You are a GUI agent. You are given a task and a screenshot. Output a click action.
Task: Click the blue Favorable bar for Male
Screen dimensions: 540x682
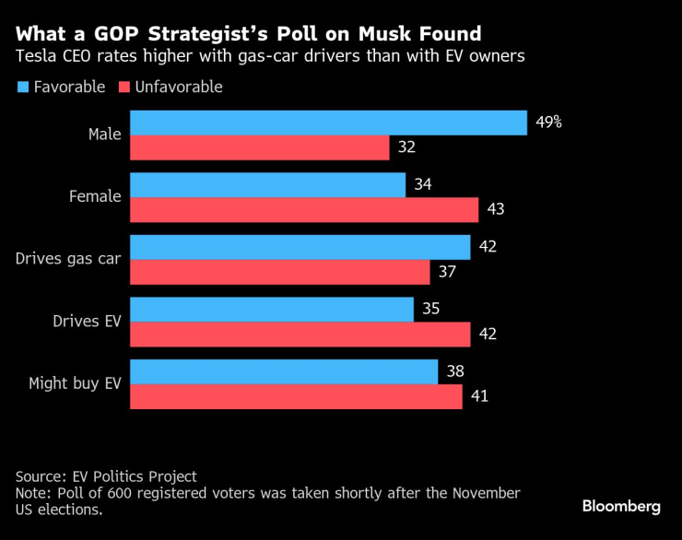[328, 123]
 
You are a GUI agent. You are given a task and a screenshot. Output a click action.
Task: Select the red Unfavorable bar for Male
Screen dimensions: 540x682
[259, 147]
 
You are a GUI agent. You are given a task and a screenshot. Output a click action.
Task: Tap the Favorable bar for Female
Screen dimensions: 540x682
[267, 185]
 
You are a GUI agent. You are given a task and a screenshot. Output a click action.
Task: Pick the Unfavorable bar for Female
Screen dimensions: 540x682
[304, 209]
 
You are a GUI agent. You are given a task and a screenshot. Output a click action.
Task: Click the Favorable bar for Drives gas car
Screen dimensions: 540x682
[300, 247]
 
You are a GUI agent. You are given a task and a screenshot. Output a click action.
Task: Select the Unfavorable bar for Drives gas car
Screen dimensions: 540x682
[279, 272]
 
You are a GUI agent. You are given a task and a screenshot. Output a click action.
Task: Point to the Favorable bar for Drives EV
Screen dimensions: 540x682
[271, 310]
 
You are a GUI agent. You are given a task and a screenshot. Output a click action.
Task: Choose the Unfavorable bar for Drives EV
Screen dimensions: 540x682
[300, 335]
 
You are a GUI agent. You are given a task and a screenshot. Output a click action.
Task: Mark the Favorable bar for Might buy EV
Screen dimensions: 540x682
[283, 372]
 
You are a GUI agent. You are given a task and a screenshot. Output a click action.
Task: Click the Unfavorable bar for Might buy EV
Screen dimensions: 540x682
[296, 396]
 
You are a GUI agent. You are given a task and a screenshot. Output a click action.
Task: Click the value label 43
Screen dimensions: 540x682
[496, 209]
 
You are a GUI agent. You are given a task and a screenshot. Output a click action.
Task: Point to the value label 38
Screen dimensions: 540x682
[454, 372]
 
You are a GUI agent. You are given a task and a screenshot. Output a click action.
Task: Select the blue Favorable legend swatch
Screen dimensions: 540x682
[21, 88]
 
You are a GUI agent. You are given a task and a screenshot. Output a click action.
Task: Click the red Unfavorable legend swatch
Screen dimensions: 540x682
[123, 88]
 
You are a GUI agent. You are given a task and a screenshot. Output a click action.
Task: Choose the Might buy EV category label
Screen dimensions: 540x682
[75, 383]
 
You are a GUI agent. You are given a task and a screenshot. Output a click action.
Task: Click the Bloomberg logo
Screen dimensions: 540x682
[621, 506]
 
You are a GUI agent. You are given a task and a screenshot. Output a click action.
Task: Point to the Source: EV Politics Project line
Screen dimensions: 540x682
[106, 476]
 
